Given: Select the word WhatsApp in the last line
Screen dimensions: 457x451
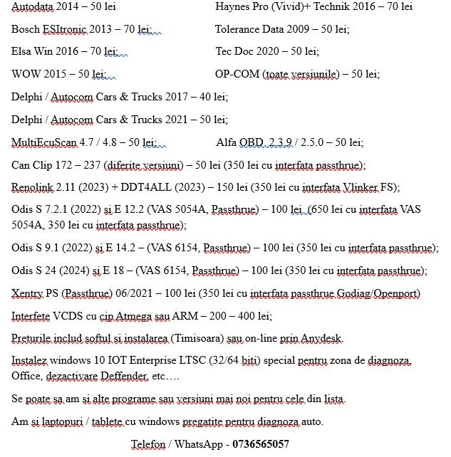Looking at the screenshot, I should pyautogui.click(x=201, y=444).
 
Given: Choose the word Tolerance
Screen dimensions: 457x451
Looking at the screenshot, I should pyautogui.click(x=240, y=29).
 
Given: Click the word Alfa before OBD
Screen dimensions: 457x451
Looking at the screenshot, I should pyautogui.click(x=226, y=142).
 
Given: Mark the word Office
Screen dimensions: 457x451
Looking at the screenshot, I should pyautogui.click(x=27, y=375).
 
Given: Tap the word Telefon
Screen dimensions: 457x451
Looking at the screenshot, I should pyautogui.click(x=147, y=444).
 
